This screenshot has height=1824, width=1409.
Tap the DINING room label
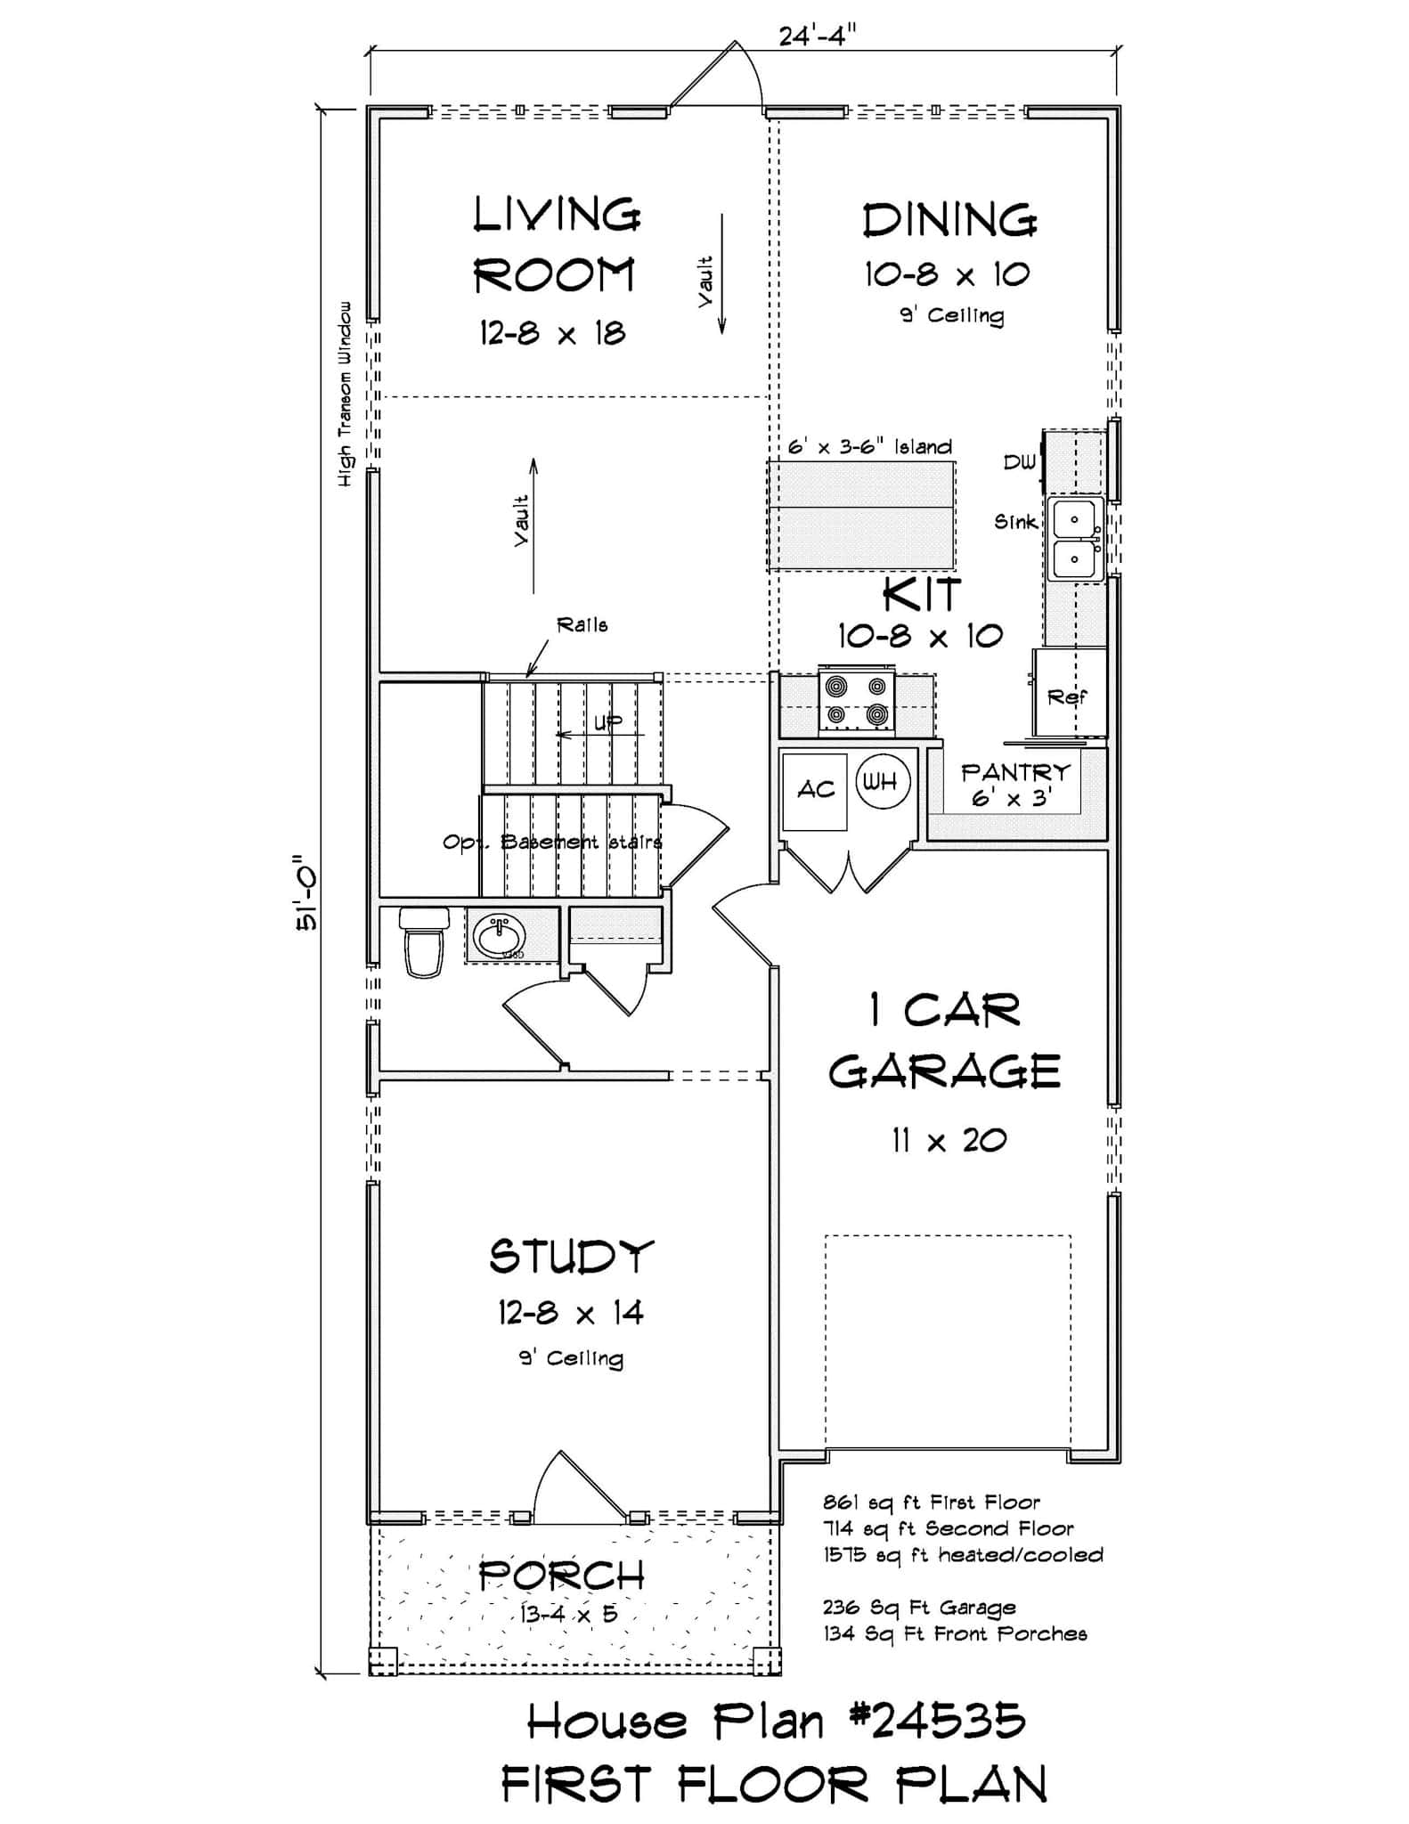point(949,221)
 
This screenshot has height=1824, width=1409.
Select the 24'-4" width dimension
point(817,36)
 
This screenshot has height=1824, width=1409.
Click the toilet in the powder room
point(422,943)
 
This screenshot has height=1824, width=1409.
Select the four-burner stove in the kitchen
point(857,700)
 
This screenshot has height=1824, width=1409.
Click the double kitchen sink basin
point(1075,538)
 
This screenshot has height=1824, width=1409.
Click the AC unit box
point(815,790)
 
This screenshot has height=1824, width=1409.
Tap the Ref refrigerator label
point(1066,696)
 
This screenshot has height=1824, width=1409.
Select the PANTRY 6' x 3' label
point(1014,784)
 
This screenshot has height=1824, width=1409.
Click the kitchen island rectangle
point(860,516)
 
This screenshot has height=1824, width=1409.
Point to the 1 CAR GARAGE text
point(944,1040)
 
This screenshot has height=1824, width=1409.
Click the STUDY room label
point(571,1257)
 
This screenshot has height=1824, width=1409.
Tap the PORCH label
point(561,1576)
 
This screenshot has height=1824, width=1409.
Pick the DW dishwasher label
point(1020,462)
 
